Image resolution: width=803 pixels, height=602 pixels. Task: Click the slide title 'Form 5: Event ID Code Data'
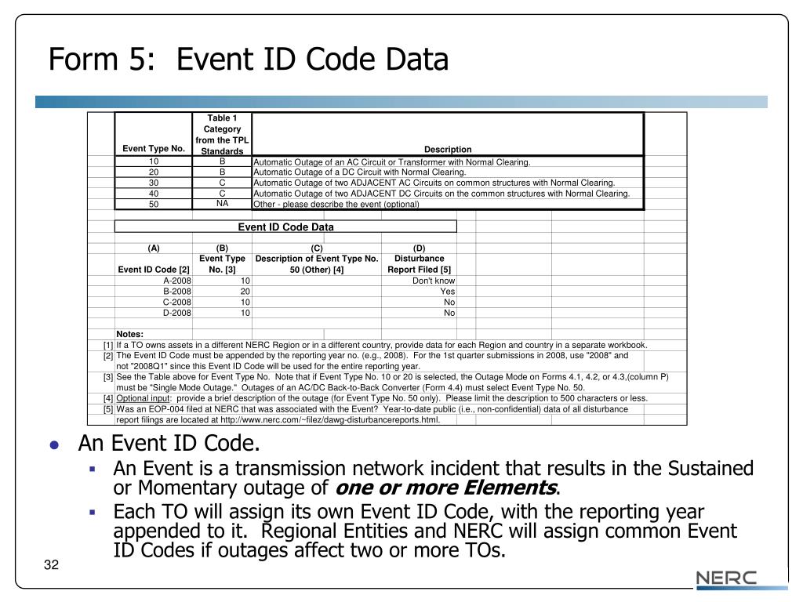[249, 60]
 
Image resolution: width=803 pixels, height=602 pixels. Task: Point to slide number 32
[52, 567]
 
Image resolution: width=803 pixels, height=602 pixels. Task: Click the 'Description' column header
[448, 149]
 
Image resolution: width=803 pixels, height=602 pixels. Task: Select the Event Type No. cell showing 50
[154, 204]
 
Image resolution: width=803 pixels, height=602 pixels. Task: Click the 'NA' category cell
[222, 203]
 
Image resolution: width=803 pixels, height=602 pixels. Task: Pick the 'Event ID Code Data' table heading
[285, 227]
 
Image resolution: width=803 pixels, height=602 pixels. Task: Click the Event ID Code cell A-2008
[176, 280]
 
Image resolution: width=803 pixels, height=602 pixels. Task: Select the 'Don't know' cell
[434, 280]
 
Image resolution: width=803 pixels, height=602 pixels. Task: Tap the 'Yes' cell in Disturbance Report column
[448, 291]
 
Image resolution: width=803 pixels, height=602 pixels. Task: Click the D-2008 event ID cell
[176, 313]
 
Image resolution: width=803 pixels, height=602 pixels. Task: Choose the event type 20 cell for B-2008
[245, 291]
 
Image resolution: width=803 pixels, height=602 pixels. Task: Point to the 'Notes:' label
[130, 334]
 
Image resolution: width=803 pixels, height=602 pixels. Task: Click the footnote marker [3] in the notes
[108, 377]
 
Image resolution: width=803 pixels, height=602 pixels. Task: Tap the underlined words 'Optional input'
[142, 398]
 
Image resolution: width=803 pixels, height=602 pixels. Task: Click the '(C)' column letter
[317, 248]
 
